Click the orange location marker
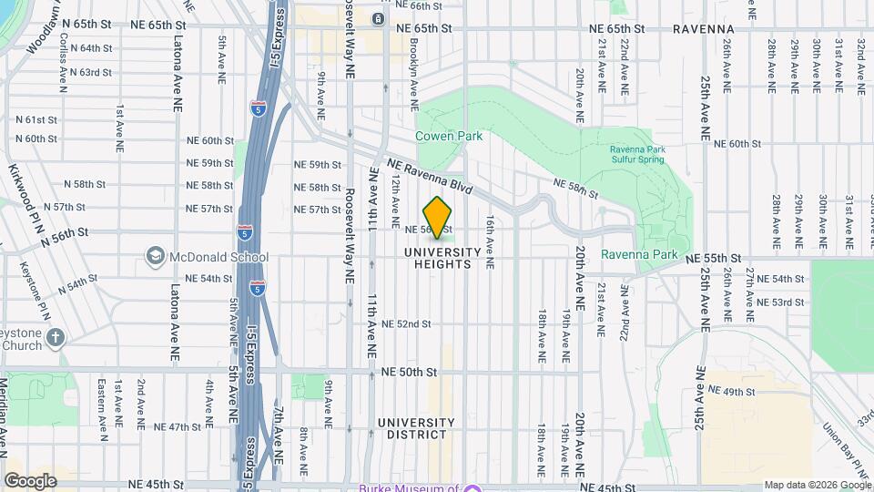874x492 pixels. [x=438, y=217]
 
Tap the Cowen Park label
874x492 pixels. [x=449, y=136]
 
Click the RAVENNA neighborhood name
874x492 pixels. [x=704, y=29]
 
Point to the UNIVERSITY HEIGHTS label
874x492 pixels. [x=442, y=258]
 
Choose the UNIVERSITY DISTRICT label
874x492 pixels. [x=416, y=428]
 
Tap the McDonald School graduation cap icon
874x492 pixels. [x=155, y=256]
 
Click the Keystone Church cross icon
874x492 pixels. [x=56, y=338]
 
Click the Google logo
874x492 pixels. [x=30, y=480]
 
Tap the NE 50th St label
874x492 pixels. [x=410, y=372]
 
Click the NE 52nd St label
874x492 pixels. [x=406, y=323]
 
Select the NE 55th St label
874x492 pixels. [x=715, y=259]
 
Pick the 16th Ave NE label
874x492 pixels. [x=490, y=241]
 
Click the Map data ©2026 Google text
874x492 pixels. [x=817, y=485]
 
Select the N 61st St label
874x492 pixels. [x=36, y=119]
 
